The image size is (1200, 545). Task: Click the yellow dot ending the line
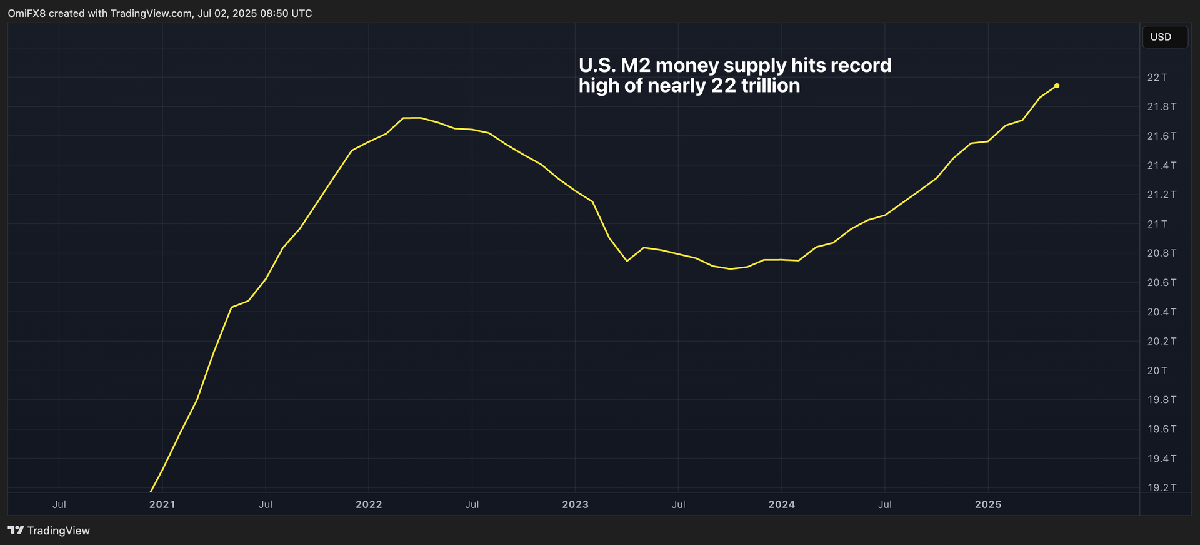(1056, 86)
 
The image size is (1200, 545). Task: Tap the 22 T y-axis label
(1157, 78)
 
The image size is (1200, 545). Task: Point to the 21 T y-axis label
(1157, 224)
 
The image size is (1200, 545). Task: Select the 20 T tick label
(1157, 370)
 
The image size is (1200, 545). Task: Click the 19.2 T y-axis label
(1161, 487)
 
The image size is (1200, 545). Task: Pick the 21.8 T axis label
(1161, 107)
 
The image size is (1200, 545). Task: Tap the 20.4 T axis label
(1161, 312)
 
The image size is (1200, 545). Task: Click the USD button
(1164, 37)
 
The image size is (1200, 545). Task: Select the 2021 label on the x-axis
(162, 504)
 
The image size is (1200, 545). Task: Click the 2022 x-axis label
(369, 504)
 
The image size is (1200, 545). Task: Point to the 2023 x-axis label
(575, 504)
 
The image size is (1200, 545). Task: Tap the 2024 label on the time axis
(781, 504)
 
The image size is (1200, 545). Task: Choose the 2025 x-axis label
(987, 504)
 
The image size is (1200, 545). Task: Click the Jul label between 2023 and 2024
(678, 504)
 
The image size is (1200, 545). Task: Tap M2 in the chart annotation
(636, 65)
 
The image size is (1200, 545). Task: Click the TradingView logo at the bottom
(49, 531)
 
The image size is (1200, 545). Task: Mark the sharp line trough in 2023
(627, 260)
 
